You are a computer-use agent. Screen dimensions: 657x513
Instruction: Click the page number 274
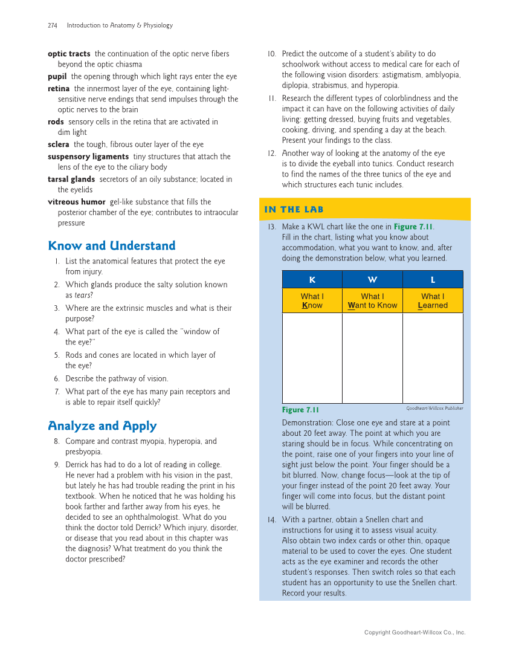point(53,25)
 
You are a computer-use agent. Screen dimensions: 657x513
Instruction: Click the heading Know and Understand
point(111,245)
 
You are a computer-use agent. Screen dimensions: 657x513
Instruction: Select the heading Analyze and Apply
point(102,426)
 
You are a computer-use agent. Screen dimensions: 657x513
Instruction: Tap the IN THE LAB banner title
point(294,210)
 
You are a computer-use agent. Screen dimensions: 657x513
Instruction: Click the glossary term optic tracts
point(69,54)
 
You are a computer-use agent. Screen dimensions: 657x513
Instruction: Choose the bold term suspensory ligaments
point(88,157)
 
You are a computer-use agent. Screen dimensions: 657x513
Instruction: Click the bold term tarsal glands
point(71,180)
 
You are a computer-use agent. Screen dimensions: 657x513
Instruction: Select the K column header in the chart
point(312,280)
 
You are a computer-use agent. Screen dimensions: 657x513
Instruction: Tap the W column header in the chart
point(372,280)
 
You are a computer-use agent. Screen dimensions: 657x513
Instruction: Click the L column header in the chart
point(433,280)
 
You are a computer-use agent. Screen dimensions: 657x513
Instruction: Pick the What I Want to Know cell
point(372,301)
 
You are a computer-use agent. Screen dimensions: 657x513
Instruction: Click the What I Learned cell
point(433,301)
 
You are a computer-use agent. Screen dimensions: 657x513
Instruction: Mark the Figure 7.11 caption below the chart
point(300,410)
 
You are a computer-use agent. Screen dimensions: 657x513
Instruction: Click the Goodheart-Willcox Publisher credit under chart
point(434,409)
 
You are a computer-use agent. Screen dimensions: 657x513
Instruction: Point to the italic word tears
point(82,296)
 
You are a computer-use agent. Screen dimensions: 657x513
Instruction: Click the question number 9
point(56,465)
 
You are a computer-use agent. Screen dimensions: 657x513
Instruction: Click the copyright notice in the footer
point(415,632)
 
